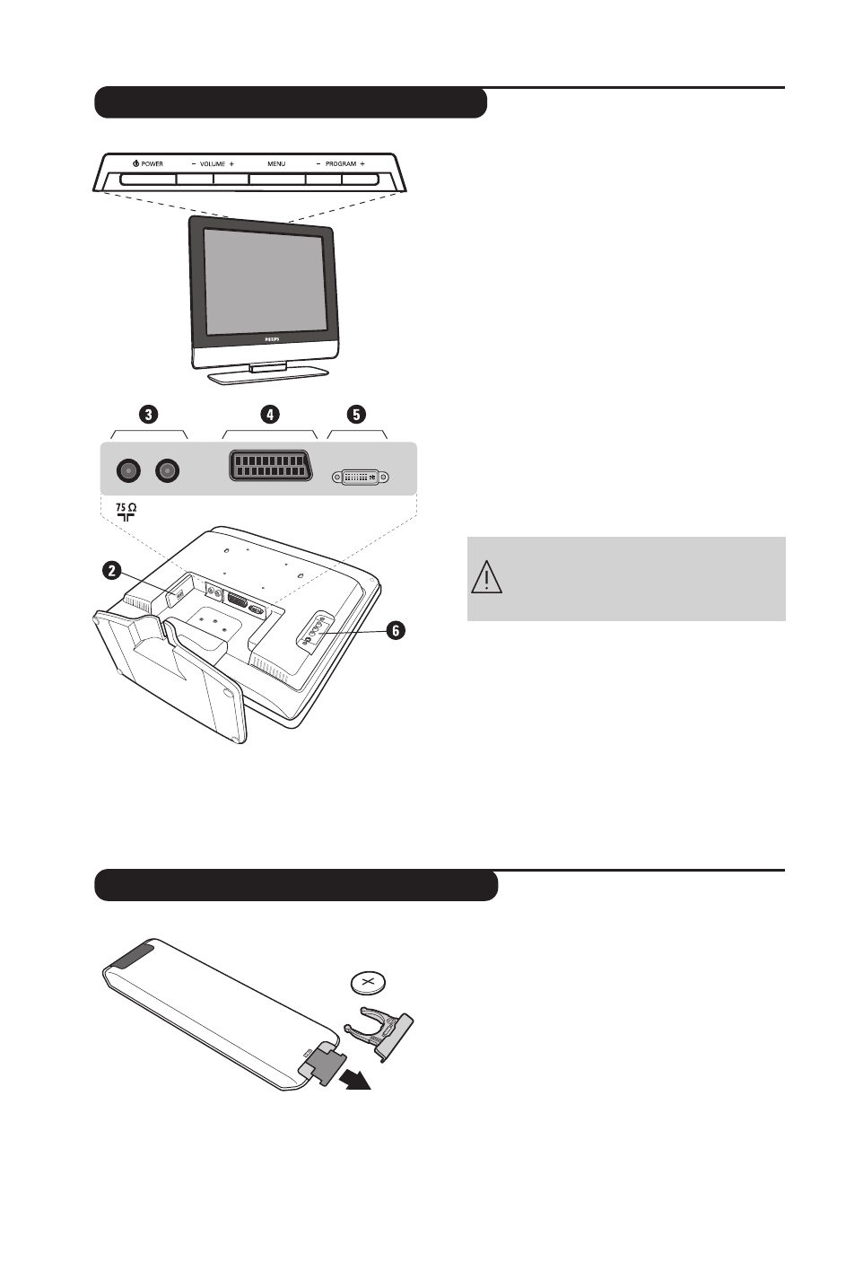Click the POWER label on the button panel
pos(148,164)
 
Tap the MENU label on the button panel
pos(276,164)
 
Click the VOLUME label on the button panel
pos(213,164)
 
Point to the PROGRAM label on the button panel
pos(341,164)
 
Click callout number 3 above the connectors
pos(148,414)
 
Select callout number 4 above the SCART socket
pos(270,414)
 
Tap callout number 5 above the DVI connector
pos(357,414)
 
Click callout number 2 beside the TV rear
pos(111,570)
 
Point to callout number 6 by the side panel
pos(396,631)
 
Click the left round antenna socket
pos(129,470)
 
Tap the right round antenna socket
pos(168,470)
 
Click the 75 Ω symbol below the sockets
pos(126,512)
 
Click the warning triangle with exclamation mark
pos(486,577)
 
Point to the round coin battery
pos(368,983)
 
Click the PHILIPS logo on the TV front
pos(272,339)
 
